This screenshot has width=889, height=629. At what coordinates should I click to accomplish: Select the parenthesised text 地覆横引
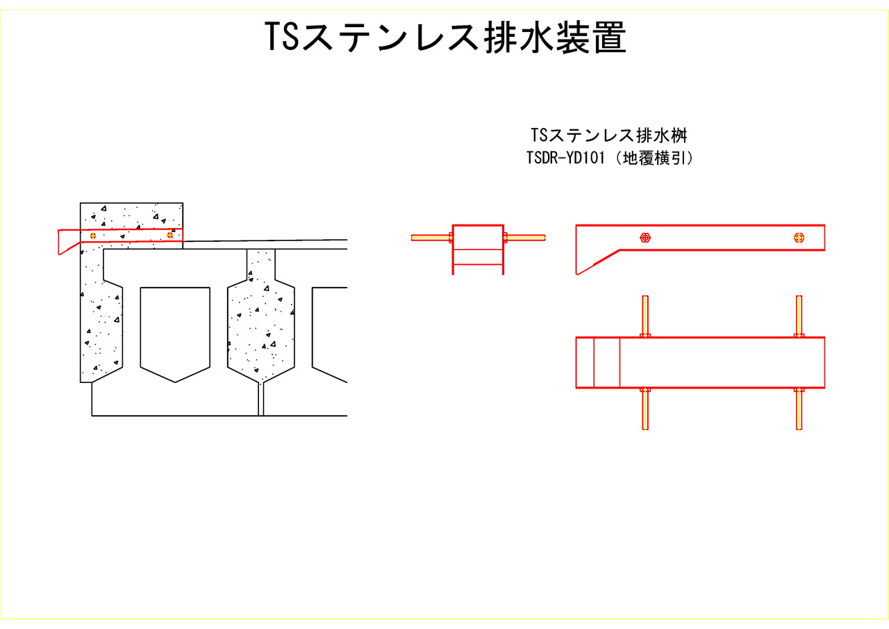point(656,158)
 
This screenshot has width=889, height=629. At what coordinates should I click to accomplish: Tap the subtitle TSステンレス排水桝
point(608,133)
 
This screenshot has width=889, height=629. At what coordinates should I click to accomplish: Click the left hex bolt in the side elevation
point(645,238)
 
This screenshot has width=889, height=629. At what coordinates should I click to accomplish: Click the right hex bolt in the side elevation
point(799,238)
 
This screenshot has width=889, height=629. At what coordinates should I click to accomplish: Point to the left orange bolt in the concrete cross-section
point(92,235)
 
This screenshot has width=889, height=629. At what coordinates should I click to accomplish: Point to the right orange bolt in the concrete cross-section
point(169,235)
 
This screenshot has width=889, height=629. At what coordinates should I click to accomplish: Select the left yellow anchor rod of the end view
point(431,238)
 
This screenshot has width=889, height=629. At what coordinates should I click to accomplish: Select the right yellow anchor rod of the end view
point(526,238)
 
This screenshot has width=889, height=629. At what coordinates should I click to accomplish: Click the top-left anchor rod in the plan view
point(645,316)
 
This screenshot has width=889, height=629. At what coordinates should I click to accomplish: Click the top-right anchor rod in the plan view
point(799,316)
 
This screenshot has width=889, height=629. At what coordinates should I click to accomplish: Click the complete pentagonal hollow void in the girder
point(175,330)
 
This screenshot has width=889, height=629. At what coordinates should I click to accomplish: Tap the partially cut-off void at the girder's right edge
point(330,330)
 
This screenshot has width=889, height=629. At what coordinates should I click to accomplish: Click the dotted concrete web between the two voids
point(261,327)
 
